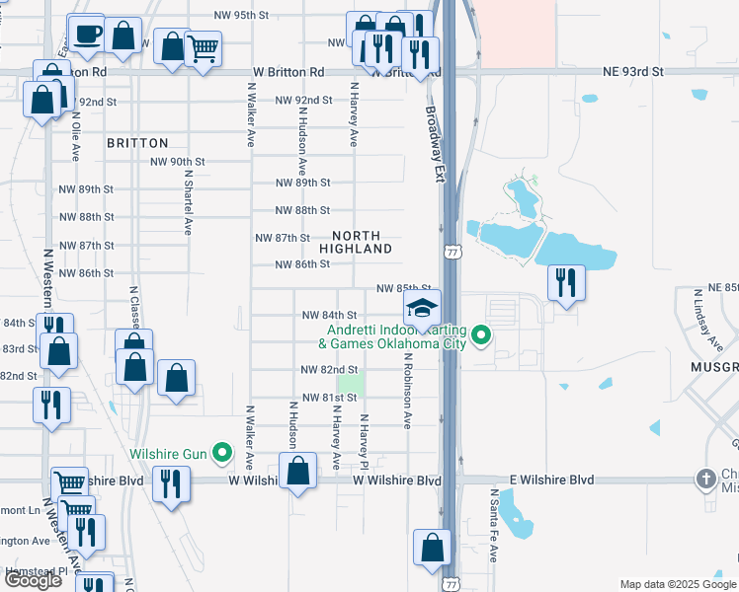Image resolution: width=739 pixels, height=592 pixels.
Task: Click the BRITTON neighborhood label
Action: click(137, 143)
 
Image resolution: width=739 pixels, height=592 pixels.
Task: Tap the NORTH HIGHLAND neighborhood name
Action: click(363, 242)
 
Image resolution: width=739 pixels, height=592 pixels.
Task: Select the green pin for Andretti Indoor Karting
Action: click(482, 335)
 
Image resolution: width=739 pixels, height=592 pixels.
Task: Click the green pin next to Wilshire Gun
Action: click(222, 455)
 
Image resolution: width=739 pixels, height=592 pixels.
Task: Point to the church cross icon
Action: click(705, 480)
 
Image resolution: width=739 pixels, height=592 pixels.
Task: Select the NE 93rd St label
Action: click(634, 72)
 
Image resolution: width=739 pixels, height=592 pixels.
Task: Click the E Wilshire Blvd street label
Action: click(553, 480)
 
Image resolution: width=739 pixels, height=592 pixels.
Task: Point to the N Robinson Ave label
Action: click(406, 390)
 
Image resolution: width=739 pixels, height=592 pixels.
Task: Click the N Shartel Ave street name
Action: click(187, 199)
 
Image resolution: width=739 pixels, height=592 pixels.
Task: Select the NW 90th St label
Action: click(177, 162)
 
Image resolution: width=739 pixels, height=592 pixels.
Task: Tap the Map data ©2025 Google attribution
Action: click(677, 584)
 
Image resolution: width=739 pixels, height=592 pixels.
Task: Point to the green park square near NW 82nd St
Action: click(350, 383)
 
